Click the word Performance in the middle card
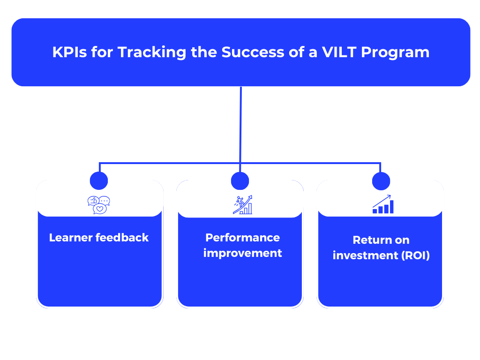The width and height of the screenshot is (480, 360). (242, 238)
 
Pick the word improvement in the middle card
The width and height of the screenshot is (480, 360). (242, 253)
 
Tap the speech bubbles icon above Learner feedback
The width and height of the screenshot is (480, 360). (99, 205)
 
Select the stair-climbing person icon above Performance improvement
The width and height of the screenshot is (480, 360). (242, 205)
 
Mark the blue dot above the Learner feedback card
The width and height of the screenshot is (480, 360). (99, 180)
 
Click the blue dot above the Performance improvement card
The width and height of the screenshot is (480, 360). (240, 180)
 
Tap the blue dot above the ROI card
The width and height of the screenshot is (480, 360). (381, 180)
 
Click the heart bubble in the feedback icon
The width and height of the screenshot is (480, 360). (99, 209)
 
